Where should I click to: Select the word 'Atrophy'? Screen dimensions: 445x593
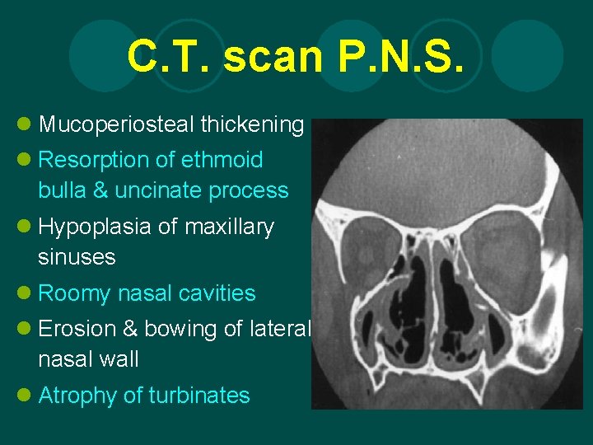[x=78, y=396]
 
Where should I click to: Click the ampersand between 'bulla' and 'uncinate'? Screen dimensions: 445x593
[x=100, y=190]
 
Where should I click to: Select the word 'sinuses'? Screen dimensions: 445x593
[x=77, y=257]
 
